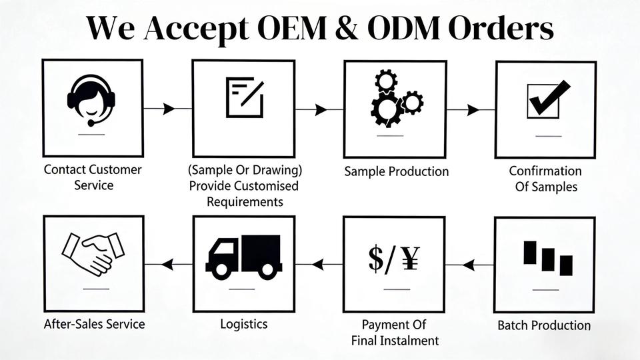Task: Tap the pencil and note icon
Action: (245, 97)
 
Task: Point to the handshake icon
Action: (93, 253)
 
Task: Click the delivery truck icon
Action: (243, 256)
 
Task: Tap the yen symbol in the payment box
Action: (412, 258)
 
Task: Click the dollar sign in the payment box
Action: (376, 258)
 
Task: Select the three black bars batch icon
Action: (547, 257)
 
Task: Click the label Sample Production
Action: (396, 171)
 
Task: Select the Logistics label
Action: (244, 324)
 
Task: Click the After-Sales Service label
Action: (94, 324)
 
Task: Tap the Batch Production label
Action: (544, 325)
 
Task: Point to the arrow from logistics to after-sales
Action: (167, 265)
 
